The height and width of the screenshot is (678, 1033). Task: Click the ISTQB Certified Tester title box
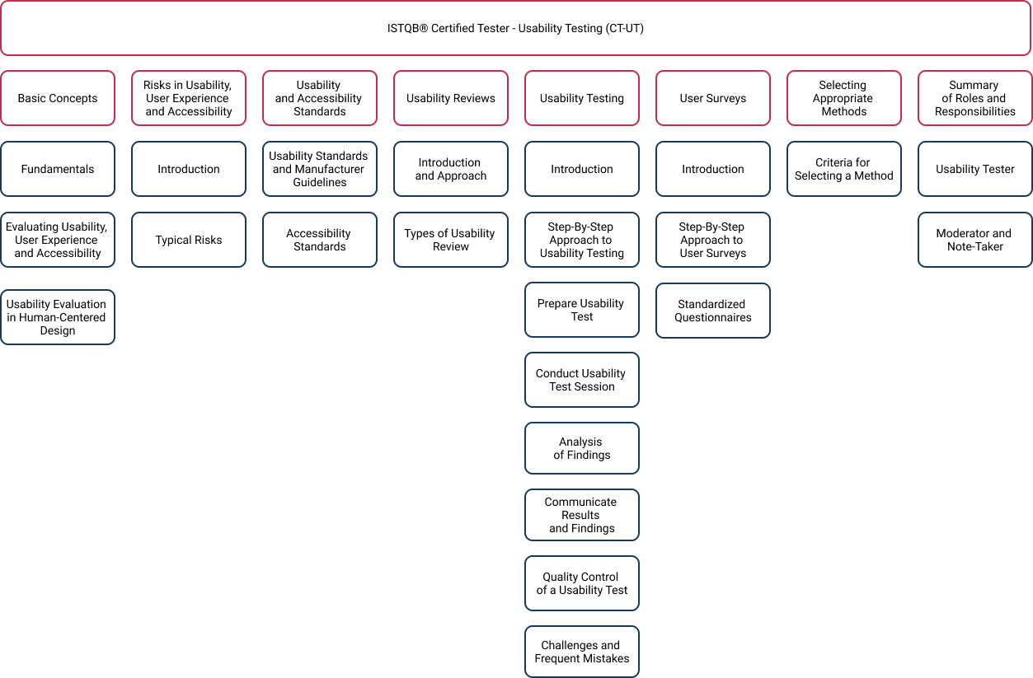point(515,28)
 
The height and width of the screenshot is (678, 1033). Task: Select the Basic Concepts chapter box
point(58,98)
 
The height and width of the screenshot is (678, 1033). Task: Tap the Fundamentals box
point(58,169)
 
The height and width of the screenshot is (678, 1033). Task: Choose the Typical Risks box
point(189,240)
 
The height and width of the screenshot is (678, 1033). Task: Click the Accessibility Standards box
point(320,240)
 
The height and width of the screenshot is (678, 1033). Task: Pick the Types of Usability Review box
point(451,240)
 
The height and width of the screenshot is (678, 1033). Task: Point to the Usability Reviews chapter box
point(451,98)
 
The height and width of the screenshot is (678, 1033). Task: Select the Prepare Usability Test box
point(582,310)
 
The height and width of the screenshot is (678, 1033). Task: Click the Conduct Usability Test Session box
point(582,380)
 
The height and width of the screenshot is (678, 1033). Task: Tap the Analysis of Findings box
point(582,448)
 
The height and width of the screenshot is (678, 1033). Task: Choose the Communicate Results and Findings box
point(582,515)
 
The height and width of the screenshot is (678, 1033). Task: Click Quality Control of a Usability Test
point(582,583)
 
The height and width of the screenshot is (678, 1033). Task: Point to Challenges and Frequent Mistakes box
point(582,652)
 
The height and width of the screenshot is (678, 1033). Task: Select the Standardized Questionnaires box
point(713,311)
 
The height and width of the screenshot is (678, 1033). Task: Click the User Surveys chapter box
point(713,98)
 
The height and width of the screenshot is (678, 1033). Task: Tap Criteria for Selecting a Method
point(844,169)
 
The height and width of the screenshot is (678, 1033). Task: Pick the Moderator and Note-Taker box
point(975,240)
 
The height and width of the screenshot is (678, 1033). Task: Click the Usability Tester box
point(975,169)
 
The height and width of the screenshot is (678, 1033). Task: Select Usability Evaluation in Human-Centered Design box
point(58,317)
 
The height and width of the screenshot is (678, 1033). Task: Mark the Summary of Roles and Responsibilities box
point(975,98)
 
